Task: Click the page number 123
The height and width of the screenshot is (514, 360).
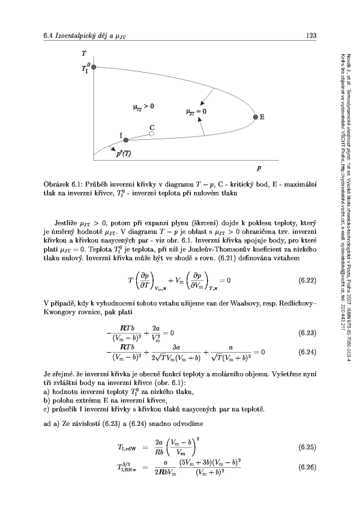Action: coord(311,37)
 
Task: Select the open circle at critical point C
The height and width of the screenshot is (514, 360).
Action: coord(152,134)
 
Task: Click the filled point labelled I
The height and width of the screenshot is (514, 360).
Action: coord(126,140)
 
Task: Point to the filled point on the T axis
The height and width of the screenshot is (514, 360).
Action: coord(93,68)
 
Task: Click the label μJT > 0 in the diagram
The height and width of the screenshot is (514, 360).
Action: coord(143,106)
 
